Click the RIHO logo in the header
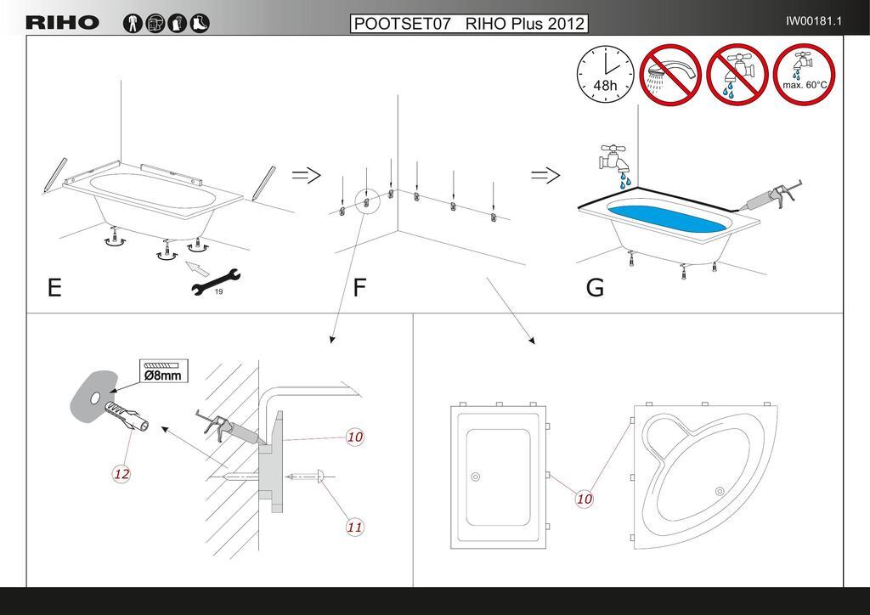(62, 23)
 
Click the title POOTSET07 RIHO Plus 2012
(469, 23)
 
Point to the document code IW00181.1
(813, 21)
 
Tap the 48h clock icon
(605, 73)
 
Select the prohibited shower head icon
(669, 73)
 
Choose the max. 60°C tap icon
(804, 73)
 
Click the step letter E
(54, 289)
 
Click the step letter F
(359, 289)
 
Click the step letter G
(595, 289)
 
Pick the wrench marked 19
(216, 282)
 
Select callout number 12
(121, 473)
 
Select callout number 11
(355, 527)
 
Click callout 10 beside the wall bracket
(355, 437)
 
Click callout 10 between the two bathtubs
(585, 499)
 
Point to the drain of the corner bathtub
(720, 488)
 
